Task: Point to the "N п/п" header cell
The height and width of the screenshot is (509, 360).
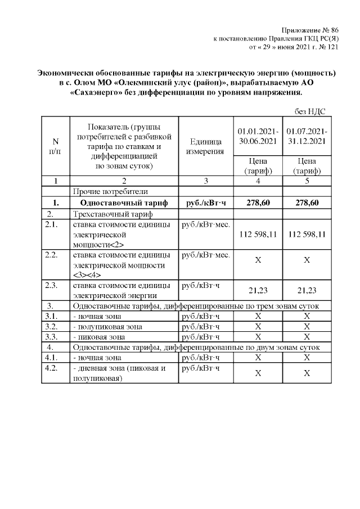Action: click(55, 146)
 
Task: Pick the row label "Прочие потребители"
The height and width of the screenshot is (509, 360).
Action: click(101, 192)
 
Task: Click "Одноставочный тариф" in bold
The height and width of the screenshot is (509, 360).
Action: click(116, 202)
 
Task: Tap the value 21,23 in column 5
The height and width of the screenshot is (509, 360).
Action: click(307, 290)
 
